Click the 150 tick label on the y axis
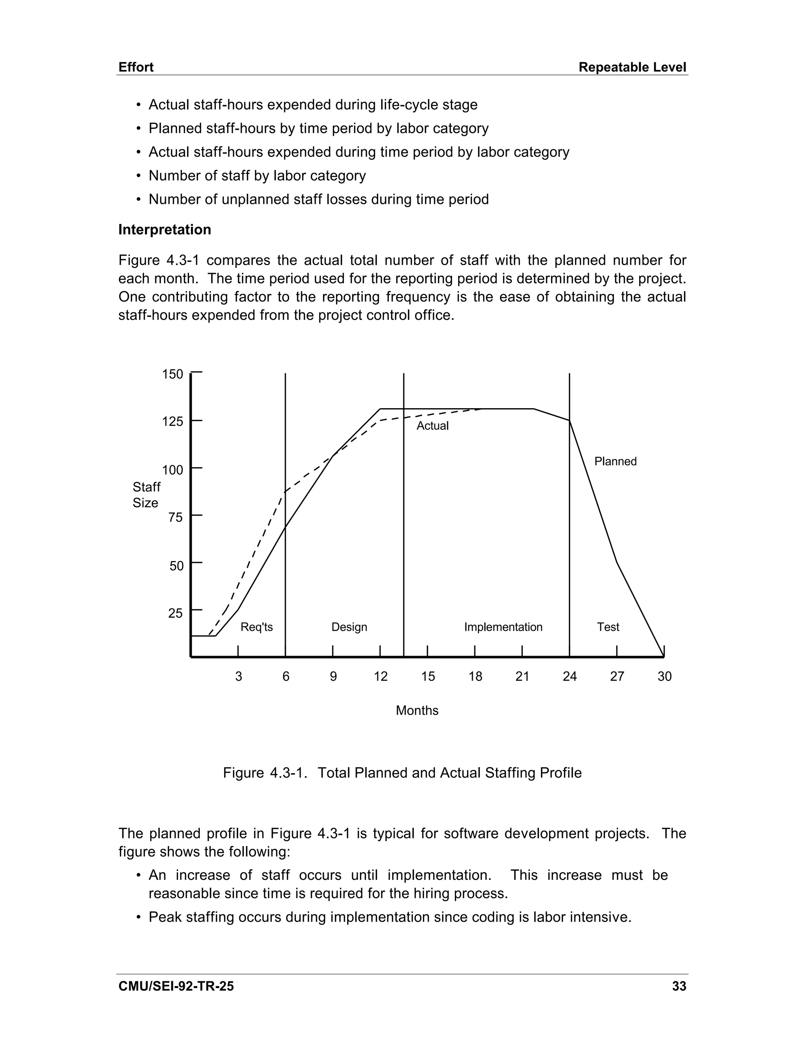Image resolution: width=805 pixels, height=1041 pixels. coord(172,374)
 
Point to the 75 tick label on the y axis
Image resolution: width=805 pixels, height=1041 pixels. coord(175,517)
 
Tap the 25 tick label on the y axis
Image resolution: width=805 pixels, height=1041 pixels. coord(175,613)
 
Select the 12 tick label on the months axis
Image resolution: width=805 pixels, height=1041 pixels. coord(380,676)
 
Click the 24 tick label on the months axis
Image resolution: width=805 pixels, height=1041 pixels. coord(570,676)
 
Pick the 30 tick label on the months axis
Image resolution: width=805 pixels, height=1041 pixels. coord(664,676)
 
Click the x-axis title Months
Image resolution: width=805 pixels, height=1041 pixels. coord(417,711)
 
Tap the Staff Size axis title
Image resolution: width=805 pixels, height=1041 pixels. coord(146,495)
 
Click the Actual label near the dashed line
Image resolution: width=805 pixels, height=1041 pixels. coord(432,426)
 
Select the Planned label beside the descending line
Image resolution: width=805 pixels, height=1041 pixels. coord(615,462)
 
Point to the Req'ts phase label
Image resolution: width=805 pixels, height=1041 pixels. coord(257,627)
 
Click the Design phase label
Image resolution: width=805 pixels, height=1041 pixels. coord(349,627)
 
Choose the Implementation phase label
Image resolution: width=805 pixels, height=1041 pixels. coord(503,627)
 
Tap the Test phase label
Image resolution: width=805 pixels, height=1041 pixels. coord(608,627)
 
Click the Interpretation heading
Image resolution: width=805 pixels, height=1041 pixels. coord(165,230)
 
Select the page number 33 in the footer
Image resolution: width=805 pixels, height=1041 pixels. coord(678,986)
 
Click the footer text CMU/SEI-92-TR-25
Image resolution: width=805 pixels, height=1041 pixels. coord(176,986)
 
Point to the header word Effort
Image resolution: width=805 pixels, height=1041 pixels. coord(136,67)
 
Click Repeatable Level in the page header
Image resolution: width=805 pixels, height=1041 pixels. coord(632,67)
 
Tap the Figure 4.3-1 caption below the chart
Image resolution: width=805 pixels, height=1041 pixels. coord(402,773)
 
